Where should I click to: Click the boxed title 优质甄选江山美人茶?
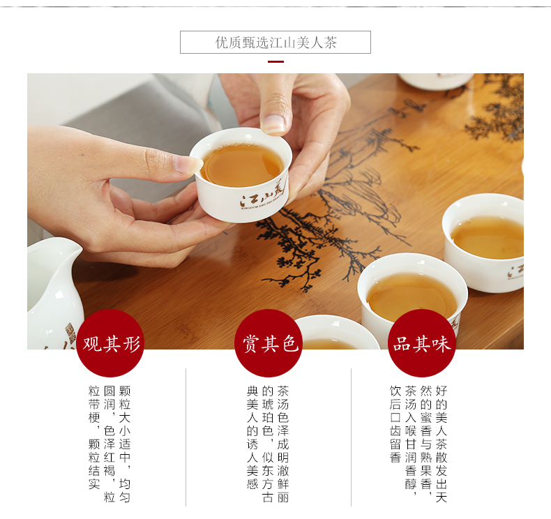pyautogui.click(x=275, y=43)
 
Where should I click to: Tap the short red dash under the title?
pyautogui.click(x=275, y=61)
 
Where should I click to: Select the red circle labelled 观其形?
pyautogui.click(x=110, y=343)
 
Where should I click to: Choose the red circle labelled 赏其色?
pyautogui.click(x=269, y=343)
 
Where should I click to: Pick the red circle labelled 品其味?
pyautogui.click(x=422, y=343)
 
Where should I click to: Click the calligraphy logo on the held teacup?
pyautogui.click(x=263, y=196)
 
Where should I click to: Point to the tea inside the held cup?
pyautogui.click(x=242, y=165)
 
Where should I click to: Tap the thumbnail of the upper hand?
pyautogui.click(x=273, y=123)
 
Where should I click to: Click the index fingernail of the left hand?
pyautogui.click(x=188, y=165)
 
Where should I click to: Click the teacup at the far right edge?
pyautogui.click(x=483, y=243)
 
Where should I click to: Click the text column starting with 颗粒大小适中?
pyautogui.click(x=125, y=444)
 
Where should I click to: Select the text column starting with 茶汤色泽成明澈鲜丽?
pyautogui.click(x=283, y=444)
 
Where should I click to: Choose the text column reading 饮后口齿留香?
pyautogui.click(x=395, y=424)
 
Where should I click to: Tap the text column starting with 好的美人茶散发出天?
pyautogui.click(x=441, y=444)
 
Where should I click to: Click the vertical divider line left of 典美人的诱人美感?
pyautogui.click(x=186, y=437)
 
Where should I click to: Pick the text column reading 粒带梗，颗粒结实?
pyautogui.click(x=94, y=437)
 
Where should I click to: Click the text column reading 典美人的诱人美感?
pyautogui.click(x=252, y=437)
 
